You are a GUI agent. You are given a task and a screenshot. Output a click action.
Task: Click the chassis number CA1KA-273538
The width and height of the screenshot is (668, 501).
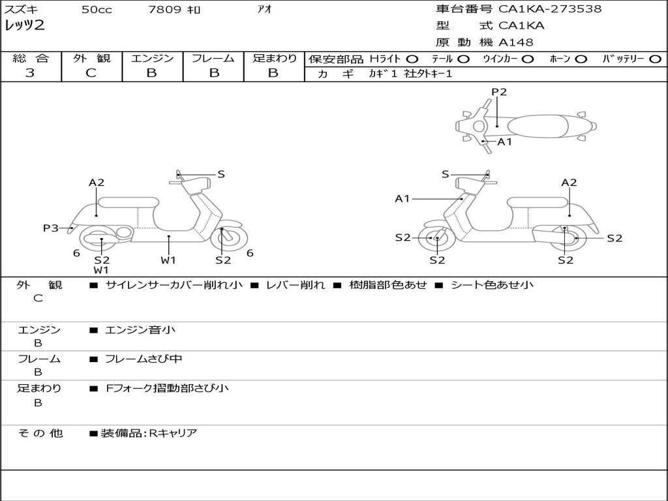click(550, 9)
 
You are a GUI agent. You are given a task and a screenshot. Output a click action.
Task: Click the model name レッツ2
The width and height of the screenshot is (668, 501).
click(24, 26)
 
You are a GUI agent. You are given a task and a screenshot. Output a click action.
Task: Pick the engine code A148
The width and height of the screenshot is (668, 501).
click(516, 42)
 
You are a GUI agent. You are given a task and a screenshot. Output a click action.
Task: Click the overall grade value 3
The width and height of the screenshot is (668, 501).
click(30, 73)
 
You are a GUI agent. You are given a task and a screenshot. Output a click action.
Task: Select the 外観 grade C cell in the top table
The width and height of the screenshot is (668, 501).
click(91, 73)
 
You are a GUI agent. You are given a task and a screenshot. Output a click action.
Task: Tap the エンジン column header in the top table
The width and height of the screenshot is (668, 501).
click(152, 59)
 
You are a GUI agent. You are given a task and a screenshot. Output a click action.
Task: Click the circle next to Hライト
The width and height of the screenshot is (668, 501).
click(412, 59)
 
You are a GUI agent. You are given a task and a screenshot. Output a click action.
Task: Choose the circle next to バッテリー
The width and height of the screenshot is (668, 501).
click(655, 59)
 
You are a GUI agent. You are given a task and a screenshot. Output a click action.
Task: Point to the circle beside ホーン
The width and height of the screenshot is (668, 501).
click(581, 59)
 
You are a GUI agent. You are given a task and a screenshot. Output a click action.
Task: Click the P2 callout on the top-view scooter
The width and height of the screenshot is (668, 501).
click(499, 92)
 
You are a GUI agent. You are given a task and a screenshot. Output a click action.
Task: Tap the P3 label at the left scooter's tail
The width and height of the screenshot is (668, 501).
click(51, 228)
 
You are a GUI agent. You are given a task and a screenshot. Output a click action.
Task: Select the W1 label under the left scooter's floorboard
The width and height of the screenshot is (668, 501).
click(168, 260)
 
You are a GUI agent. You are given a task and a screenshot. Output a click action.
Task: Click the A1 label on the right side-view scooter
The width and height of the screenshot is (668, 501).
click(402, 198)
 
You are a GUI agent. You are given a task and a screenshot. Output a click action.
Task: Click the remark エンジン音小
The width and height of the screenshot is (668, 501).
click(140, 330)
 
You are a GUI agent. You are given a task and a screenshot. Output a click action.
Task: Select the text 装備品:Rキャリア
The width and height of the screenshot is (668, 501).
click(149, 433)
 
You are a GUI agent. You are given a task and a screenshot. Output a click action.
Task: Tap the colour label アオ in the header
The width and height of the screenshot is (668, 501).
click(265, 10)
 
